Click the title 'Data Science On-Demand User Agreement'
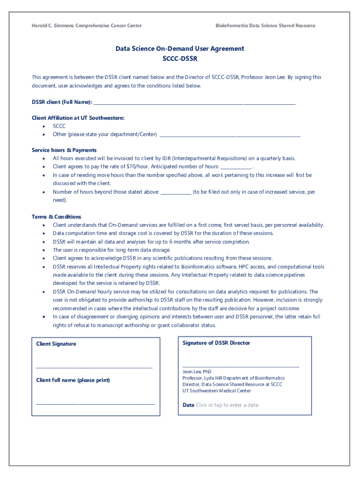click(x=180, y=49)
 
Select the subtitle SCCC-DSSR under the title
click(x=180, y=59)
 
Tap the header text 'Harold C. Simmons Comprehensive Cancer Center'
click(x=86, y=25)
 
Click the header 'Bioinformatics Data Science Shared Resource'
click(x=265, y=25)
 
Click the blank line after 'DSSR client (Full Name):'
click(x=194, y=103)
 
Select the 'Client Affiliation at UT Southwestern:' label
click(x=78, y=118)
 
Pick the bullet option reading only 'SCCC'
click(x=59, y=126)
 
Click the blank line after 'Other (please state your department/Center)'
click(x=230, y=136)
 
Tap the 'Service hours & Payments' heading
click(x=64, y=150)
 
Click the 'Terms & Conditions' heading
click(x=56, y=217)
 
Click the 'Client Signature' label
click(x=56, y=344)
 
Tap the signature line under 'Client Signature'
click(x=94, y=368)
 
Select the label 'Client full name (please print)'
click(x=73, y=380)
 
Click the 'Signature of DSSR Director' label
click(x=216, y=343)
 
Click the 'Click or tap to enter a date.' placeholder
click(x=227, y=405)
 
